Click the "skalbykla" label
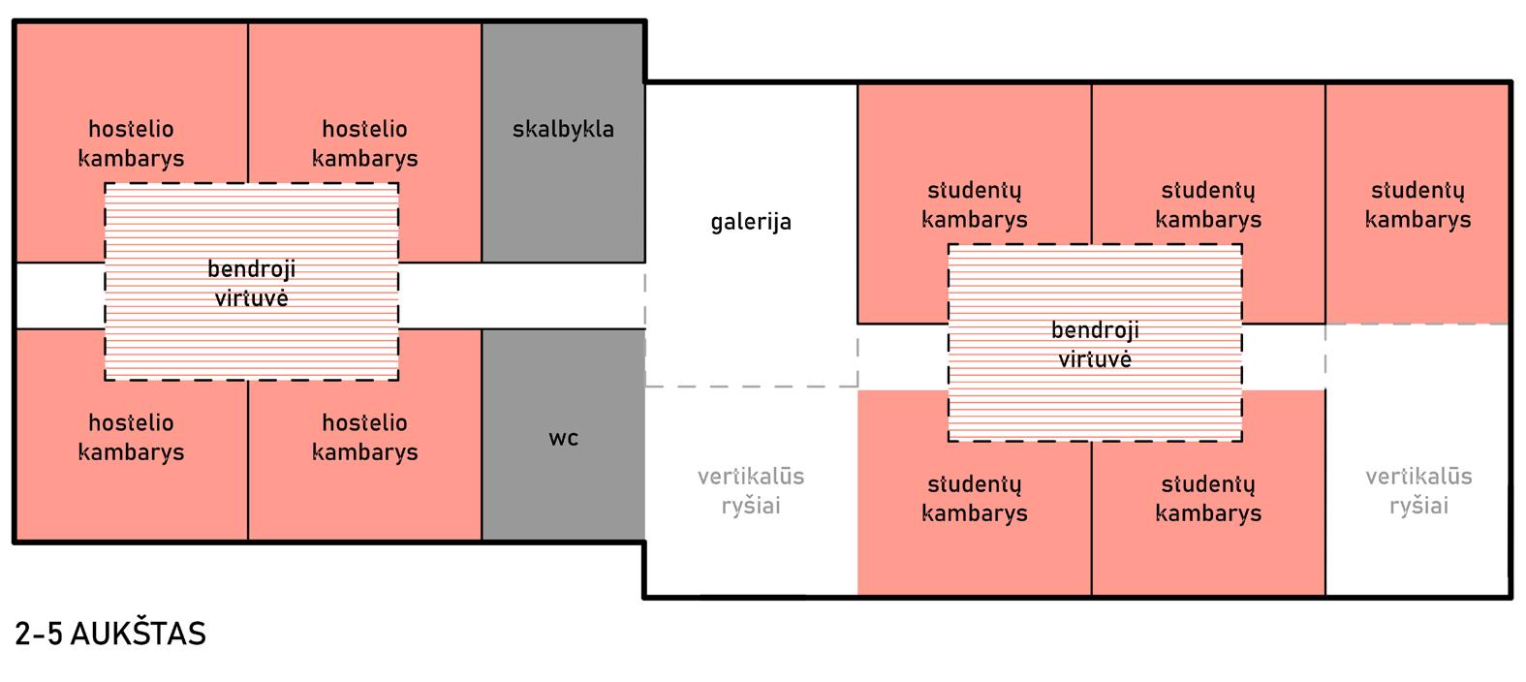563,129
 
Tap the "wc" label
563,438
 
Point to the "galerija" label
751,222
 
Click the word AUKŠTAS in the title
139,634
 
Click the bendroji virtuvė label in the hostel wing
252,283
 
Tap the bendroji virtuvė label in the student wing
1095,344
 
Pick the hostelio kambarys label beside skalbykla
364,143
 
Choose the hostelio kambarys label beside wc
364,437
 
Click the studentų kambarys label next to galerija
974,204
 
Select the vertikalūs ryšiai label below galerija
751,490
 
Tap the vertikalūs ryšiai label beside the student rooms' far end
1418,490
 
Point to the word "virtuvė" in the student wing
1095,359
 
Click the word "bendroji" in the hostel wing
252,268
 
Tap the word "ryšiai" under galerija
751,506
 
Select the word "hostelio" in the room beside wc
364,422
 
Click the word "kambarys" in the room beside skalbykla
364,158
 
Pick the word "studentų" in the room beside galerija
974,190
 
